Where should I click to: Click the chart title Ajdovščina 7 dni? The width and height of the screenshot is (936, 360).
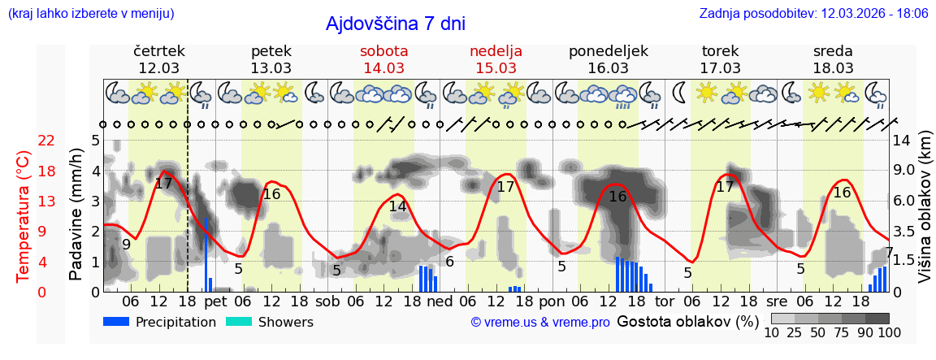point(395,24)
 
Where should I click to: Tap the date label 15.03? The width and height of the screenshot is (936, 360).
point(496,68)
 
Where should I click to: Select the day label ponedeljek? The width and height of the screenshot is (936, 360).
point(609,51)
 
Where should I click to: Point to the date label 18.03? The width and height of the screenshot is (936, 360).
point(833,68)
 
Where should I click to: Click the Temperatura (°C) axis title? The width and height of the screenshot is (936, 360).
point(24,217)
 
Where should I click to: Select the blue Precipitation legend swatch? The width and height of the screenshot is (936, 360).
point(116,322)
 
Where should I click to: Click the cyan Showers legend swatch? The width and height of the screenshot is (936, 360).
point(239,322)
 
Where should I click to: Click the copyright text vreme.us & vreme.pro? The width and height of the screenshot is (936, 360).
point(540,323)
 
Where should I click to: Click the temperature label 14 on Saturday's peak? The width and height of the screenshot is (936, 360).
point(397,206)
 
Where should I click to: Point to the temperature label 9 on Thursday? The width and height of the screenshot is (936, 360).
point(126,244)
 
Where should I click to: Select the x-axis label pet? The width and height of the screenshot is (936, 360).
point(216,301)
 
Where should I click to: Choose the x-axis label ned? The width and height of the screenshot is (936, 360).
point(440,301)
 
